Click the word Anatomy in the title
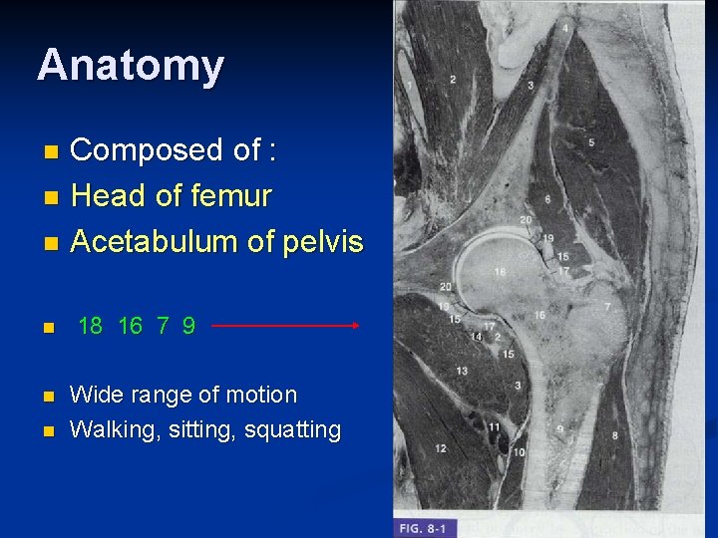tap(131, 66)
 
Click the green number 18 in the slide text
tap(90, 326)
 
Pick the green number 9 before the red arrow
tap(188, 326)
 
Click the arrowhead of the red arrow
tap(354, 325)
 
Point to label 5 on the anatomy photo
tap(591, 142)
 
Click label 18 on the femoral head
tap(499, 270)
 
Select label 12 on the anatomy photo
tap(441, 448)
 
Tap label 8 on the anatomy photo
tap(614, 435)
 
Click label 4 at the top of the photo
tap(566, 29)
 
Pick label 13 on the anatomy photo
tap(462, 371)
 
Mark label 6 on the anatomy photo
tap(546, 199)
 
